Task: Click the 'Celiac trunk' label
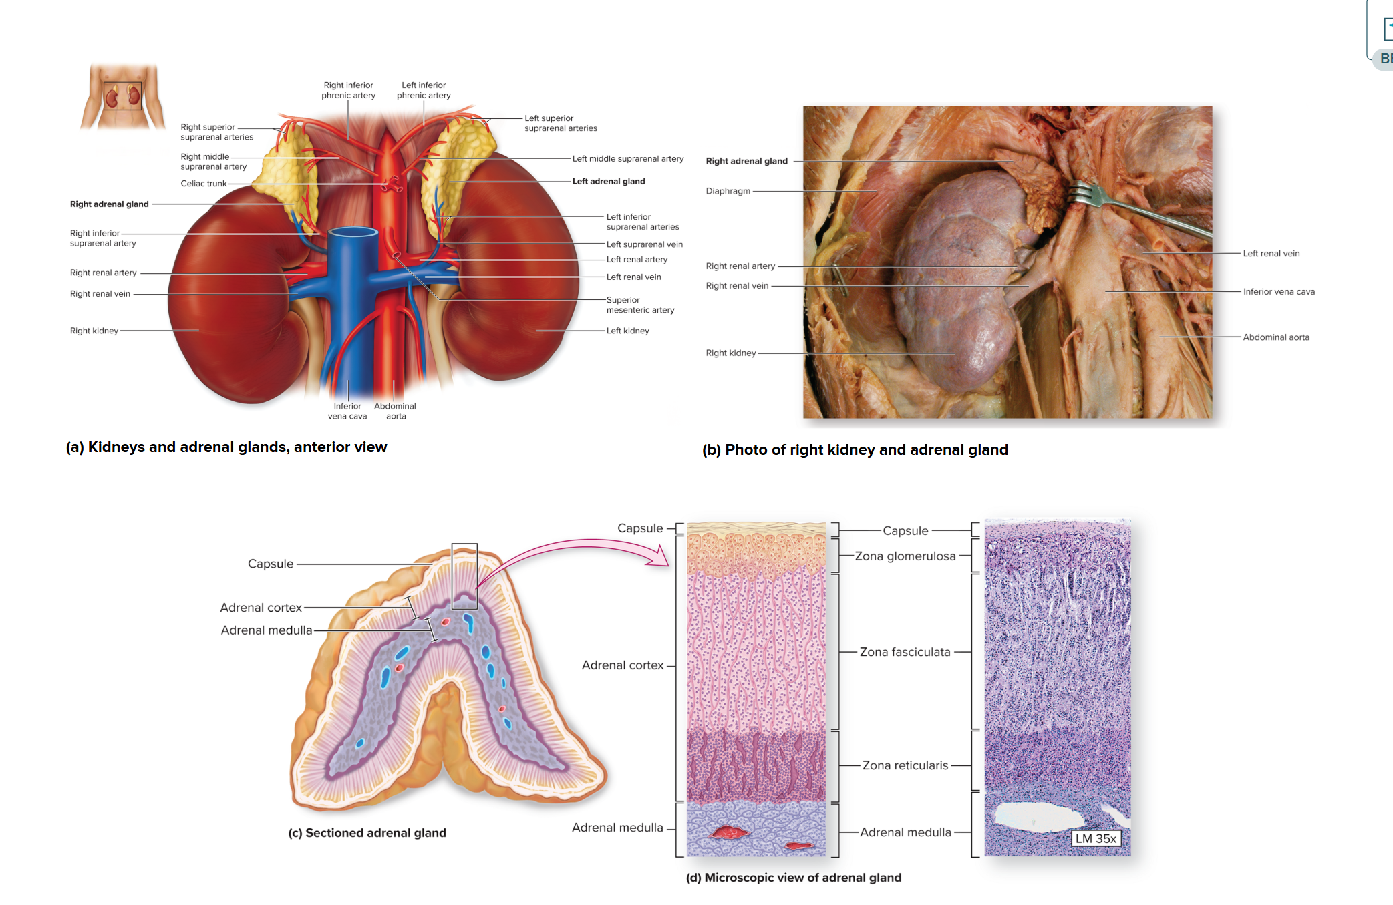click(203, 184)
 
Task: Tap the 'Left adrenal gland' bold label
click(608, 181)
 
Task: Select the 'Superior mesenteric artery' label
click(639, 305)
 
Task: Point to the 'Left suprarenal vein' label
click(644, 244)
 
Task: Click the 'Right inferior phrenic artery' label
click(348, 90)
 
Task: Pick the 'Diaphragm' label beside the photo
click(728, 191)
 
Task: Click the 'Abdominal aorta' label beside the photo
click(1275, 337)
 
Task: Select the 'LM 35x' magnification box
click(1095, 838)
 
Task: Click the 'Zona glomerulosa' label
click(905, 556)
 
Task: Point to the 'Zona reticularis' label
click(905, 765)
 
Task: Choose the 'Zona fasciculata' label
click(905, 652)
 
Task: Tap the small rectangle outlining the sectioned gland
click(464, 576)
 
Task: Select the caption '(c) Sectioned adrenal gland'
click(367, 833)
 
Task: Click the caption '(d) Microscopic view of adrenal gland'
click(793, 878)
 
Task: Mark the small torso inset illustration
click(122, 96)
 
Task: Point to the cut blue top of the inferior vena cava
click(353, 233)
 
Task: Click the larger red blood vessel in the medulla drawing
click(731, 832)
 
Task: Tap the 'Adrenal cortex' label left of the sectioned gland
click(261, 608)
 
